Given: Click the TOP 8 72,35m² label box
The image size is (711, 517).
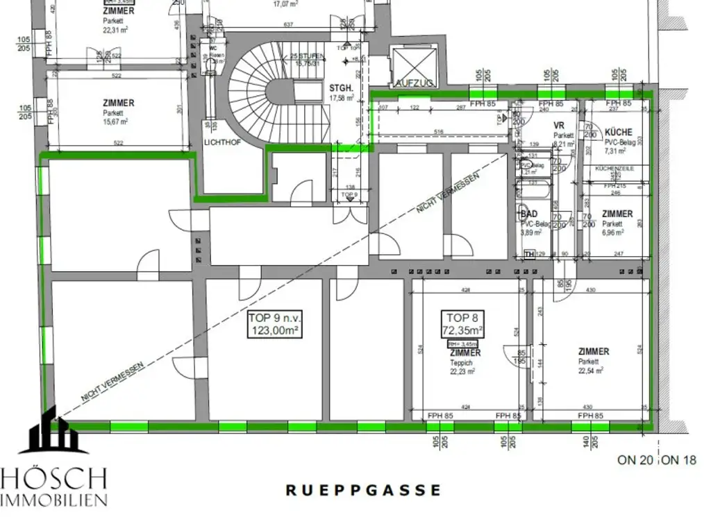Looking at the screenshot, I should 465,323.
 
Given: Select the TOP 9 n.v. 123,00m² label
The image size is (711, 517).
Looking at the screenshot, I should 274,324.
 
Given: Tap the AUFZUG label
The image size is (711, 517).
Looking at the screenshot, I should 412,83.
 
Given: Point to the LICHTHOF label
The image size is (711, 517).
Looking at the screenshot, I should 221,142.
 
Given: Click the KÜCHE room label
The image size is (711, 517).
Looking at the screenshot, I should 618,132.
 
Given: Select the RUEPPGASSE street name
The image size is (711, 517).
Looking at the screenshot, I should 363,490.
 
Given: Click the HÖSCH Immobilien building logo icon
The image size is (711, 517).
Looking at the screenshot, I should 53,432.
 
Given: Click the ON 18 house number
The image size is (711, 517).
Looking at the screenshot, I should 681,459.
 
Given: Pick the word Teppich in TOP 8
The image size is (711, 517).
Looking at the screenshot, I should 462,362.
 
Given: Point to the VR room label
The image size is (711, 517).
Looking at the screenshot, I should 559,126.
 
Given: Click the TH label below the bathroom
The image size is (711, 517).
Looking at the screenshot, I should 530,255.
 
